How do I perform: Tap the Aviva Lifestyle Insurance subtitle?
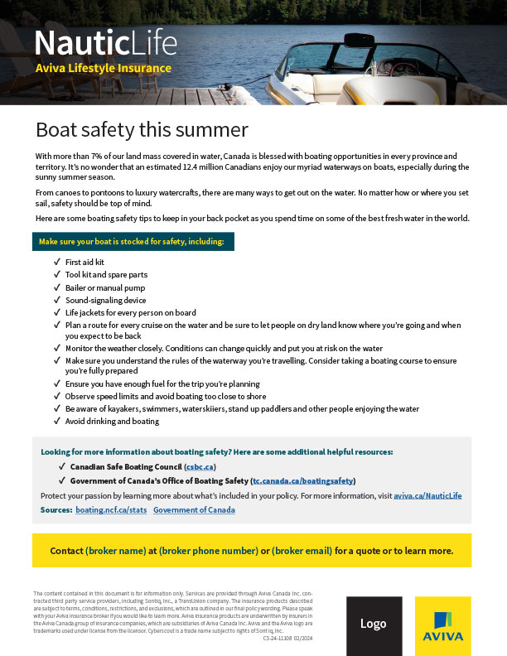click(104, 69)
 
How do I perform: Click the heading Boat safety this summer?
click(142, 130)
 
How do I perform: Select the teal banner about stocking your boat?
click(133, 242)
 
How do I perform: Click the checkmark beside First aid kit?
click(57, 262)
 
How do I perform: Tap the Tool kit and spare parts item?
click(106, 274)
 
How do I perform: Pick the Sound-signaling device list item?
click(105, 300)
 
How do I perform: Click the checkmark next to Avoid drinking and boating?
click(57, 421)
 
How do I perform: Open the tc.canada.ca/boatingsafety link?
click(303, 480)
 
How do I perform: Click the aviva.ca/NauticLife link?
click(427, 495)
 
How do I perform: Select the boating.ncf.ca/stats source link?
click(111, 509)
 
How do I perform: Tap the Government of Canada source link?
click(194, 509)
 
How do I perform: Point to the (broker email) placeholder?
click(302, 551)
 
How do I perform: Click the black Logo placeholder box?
click(374, 623)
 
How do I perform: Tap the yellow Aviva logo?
click(443, 626)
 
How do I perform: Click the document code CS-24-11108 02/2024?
click(287, 639)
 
